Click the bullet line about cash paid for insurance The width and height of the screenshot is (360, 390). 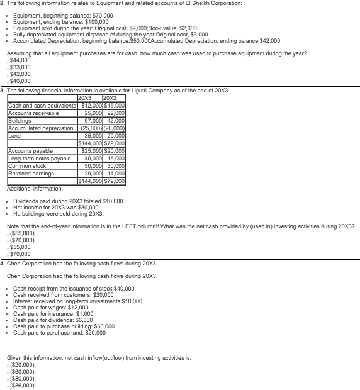(53, 313)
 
